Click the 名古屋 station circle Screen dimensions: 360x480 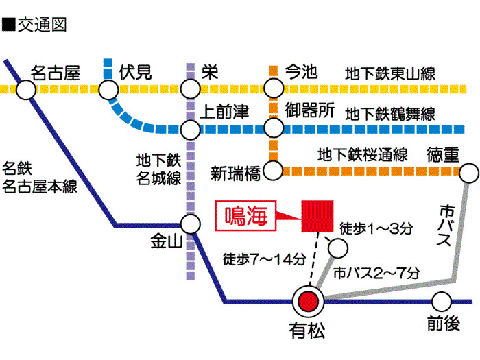[x=25, y=89]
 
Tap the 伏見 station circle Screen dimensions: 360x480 [x=108, y=89]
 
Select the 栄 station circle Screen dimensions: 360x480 [x=191, y=89]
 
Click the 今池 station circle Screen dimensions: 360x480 [x=274, y=89]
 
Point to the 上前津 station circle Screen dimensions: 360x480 [x=191, y=129]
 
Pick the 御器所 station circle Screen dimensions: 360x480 [x=274, y=129]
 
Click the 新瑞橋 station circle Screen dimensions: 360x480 [x=274, y=169]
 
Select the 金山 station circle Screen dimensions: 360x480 [x=191, y=224]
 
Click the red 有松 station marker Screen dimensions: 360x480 [x=308, y=301]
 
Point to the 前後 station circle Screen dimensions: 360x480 [x=442, y=301]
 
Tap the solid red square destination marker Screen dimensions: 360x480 [x=317, y=217]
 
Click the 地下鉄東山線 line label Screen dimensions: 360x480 [x=389, y=73]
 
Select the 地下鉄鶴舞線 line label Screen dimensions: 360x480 [x=389, y=114]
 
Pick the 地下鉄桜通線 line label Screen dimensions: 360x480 [x=363, y=155]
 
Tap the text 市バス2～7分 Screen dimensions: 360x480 [x=376, y=272]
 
